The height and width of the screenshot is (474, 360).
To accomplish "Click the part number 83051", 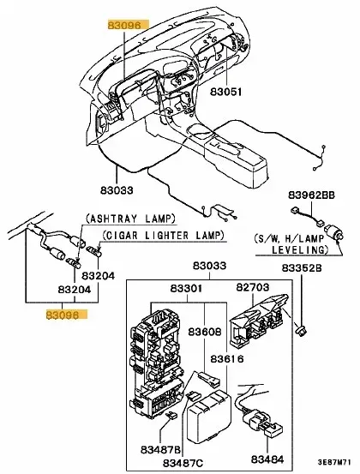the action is point(226,92).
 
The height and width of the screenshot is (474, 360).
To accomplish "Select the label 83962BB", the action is point(311,195).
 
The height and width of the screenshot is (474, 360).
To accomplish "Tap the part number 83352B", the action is point(302,267).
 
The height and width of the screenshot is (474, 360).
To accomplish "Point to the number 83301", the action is point(186,288).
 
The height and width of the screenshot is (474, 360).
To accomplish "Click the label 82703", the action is point(252,286).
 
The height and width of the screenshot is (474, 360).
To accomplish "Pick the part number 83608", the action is point(205,332).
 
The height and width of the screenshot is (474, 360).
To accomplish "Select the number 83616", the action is point(227,359).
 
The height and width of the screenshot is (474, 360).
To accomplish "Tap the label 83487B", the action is point(160,449).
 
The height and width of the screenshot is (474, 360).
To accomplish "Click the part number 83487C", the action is point(183,463).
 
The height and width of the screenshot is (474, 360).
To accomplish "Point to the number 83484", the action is point(267,459).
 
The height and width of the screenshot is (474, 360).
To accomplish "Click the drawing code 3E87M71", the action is point(334,462).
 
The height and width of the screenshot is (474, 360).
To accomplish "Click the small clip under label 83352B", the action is point(301,329).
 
